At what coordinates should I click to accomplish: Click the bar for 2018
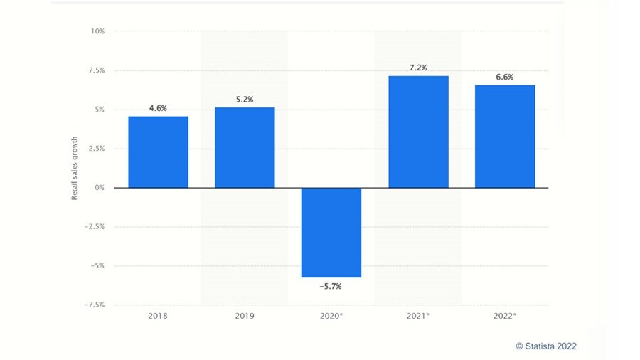158,152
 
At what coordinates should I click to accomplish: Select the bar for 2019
245,147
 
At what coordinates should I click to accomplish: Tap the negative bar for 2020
331,232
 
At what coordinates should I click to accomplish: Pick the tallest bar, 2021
418,132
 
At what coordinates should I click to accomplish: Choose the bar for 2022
505,136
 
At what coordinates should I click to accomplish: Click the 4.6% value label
158,108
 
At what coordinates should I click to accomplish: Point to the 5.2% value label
245,99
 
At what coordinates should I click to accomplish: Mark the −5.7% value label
331,286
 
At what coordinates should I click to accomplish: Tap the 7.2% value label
418,68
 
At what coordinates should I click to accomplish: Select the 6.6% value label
505,77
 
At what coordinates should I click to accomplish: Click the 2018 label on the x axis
158,314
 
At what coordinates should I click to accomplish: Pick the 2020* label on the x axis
331,314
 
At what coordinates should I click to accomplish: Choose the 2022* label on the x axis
505,314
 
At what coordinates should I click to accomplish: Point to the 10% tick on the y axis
97,31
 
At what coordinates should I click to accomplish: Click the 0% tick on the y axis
99,188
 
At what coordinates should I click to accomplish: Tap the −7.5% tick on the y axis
94,305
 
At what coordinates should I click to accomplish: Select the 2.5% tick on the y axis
96,149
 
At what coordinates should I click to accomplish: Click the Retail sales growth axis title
74,168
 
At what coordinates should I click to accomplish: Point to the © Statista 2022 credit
546,346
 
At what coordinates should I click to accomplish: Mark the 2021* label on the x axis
418,314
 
